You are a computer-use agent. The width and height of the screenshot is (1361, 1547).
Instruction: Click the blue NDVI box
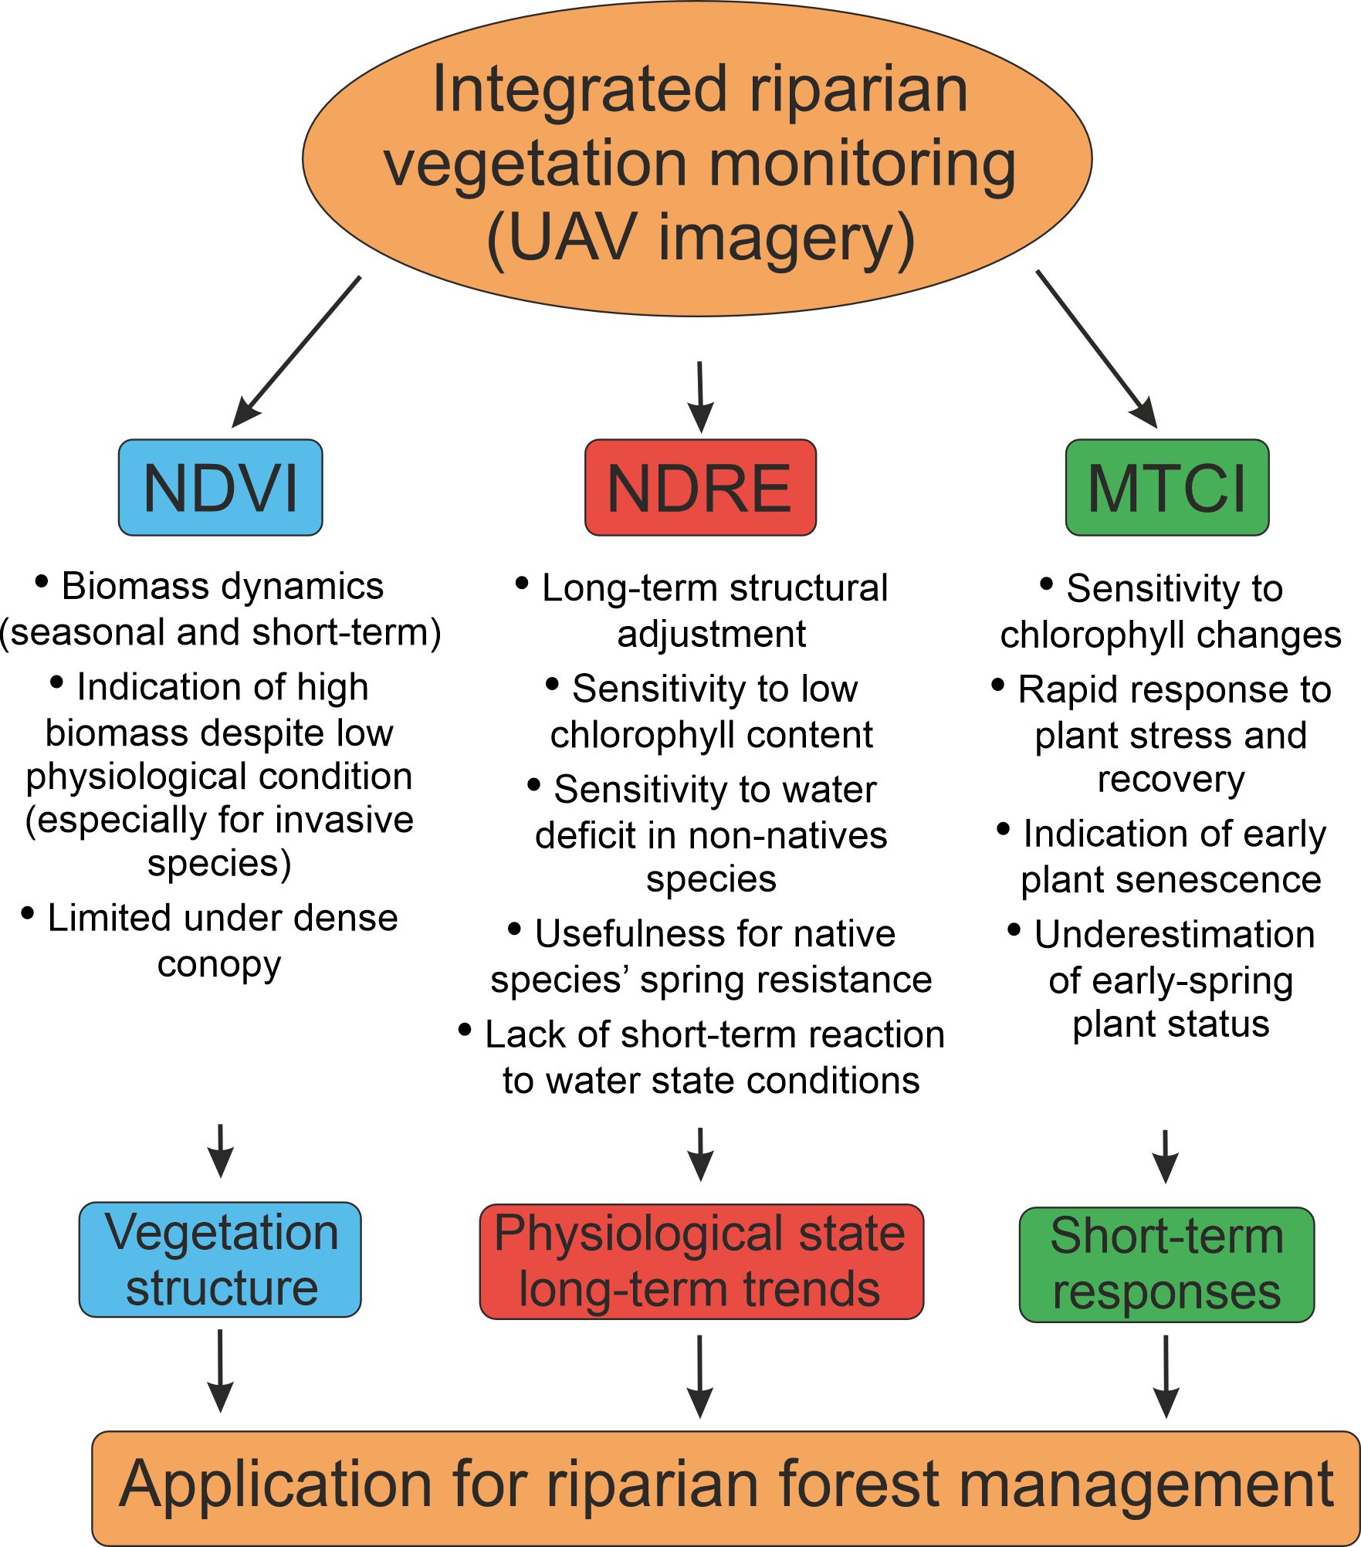[220, 487]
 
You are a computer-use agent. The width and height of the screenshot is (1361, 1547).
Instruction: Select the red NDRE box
[700, 487]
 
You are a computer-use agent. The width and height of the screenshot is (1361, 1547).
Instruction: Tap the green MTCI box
[1166, 487]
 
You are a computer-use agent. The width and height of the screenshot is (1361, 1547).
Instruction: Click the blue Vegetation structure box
[220, 1259]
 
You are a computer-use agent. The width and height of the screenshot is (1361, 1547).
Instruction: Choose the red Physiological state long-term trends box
[701, 1261]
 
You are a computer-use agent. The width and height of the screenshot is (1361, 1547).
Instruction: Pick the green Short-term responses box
[1166, 1264]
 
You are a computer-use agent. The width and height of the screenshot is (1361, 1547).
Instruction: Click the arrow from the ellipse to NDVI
[296, 352]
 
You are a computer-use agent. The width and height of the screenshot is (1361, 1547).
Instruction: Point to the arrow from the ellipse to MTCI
[1097, 349]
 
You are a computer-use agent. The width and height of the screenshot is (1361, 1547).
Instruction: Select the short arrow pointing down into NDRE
[700, 397]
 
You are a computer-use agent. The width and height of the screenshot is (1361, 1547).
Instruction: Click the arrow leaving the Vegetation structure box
[221, 1369]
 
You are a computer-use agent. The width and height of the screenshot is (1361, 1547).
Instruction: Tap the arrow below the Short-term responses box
[1166, 1376]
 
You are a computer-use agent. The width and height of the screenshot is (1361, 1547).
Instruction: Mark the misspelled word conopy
[219, 964]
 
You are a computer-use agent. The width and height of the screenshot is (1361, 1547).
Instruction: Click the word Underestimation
[1174, 934]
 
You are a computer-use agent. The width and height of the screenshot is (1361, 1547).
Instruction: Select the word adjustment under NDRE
[711, 634]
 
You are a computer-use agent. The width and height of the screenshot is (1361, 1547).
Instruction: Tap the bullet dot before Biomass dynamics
[42, 581]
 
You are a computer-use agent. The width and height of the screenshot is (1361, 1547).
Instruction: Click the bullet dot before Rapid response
[998, 684]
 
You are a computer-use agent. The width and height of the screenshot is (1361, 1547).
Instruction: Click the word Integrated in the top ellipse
[579, 90]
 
